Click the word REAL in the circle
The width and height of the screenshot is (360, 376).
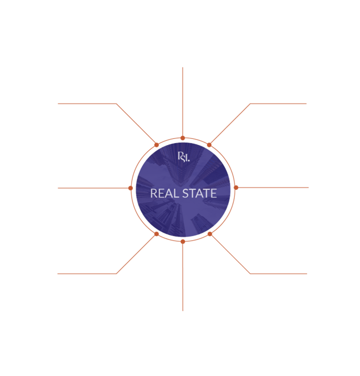point(162,194)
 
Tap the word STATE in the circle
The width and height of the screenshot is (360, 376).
point(198,194)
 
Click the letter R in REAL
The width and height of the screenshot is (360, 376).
point(153,194)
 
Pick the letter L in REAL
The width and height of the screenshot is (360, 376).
point(173,194)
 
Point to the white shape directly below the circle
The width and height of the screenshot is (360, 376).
point(198,279)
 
